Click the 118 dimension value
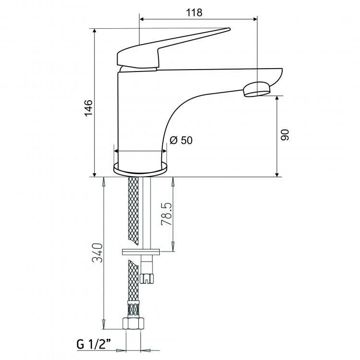click(194, 12)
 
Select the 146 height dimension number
click(88, 108)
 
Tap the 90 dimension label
click(285, 135)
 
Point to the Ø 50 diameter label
click(181, 140)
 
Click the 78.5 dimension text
click(167, 214)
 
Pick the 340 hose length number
click(97, 253)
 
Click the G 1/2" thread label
click(94, 344)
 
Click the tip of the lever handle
click(228, 29)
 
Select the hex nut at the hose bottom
click(133, 323)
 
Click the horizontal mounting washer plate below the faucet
click(141, 252)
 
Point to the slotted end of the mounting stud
click(146, 278)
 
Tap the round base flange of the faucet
click(141, 168)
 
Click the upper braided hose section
click(133, 211)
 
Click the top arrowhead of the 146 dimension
click(94, 32)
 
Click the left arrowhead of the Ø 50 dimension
click(117, 151)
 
